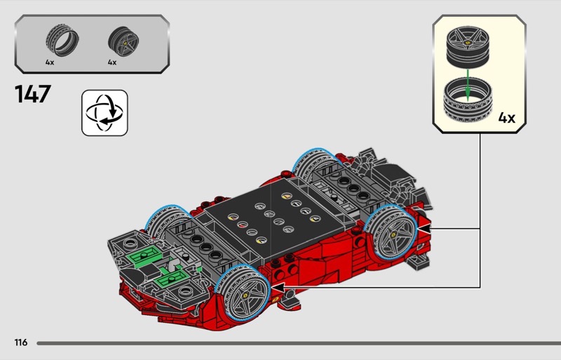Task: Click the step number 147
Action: point(33,94)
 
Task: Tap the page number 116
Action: point(21,342)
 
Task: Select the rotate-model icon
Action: point(104,113)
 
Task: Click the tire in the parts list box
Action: point(62,40)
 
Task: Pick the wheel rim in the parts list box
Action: point(123,41)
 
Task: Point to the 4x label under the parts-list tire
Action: point(50,62)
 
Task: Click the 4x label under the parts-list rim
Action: point(112,62)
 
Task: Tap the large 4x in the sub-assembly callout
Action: point(506,117)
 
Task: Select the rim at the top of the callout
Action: point(468,47)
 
